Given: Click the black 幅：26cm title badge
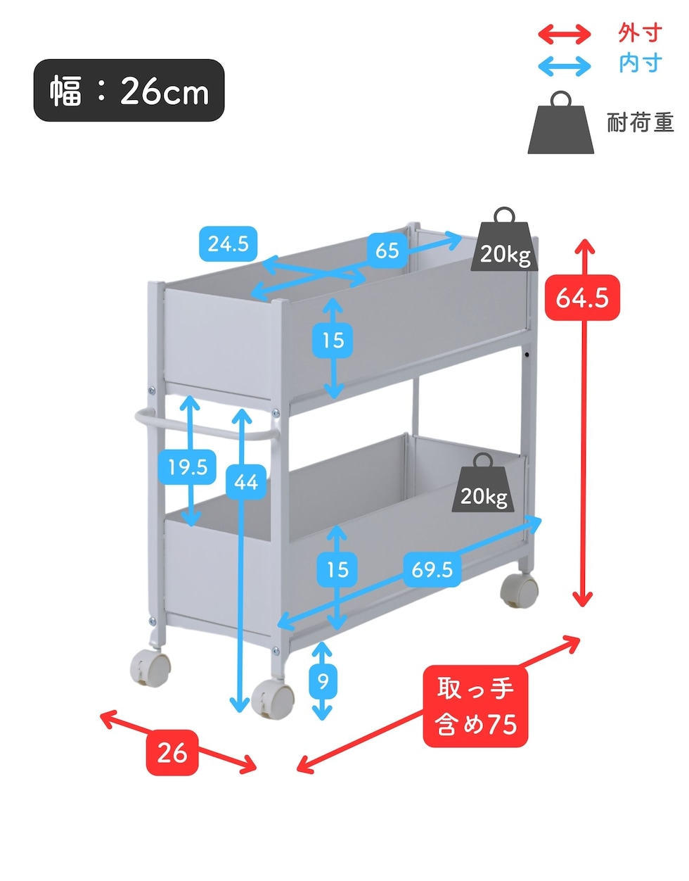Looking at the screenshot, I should tap(129, 91).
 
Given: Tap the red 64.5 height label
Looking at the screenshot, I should tap(582, 298).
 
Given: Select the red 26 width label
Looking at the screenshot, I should tap(172, 752).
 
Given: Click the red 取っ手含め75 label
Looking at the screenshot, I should tap(475, 706).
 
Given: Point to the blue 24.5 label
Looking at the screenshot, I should tap(228, 244).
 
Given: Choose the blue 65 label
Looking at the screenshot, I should tap(387, 251).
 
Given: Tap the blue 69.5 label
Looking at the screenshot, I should tap(432, 569).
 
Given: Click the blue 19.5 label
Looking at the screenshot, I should tap(188, 467).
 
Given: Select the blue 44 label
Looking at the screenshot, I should tap(246, 482).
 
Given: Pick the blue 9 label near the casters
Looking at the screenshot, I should tap(323, 680).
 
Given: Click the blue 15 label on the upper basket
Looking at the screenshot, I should tap(333, 341).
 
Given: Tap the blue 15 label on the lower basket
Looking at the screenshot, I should tap(337, 569).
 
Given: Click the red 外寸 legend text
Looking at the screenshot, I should tap(640, 32).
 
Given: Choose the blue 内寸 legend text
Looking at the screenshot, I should tap(640, 63).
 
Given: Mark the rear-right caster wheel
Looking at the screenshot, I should tap(519, 590).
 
